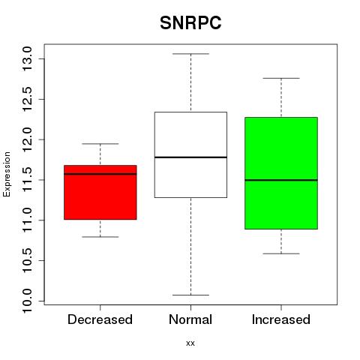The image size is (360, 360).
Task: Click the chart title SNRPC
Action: pyautogui.click(x=190, y=23)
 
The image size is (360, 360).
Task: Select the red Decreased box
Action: pyautogui.click(x=100, y=192)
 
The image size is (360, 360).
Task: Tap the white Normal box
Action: pyautogui.click(x=190, y=154)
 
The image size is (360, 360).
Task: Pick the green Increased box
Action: pyautogui.click(x=281, y=173)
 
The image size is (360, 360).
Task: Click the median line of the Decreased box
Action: pyautogui.click(x=100, y=174)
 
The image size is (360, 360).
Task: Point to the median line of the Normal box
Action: pyautogui.click(x=190, y=157)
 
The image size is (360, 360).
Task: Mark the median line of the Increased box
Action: pyautogui.click(x=281, y=180)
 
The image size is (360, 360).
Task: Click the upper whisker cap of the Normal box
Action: pyautogui.click(x=190, y=54)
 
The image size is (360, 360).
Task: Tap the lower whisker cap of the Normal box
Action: pyautogui.click(x=190, y=295)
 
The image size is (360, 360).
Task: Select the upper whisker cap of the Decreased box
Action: pyautogui.click(x=100, y=144)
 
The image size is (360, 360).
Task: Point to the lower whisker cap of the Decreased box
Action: pyautogui.click(x=100, y=237)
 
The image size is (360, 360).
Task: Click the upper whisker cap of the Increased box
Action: pyautogui.click(x=281, y=78)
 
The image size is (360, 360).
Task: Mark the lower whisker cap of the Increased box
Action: pyautogui.click(x=281, y=253)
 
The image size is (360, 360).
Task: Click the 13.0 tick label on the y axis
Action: pyautogui.click(x=27, y=58)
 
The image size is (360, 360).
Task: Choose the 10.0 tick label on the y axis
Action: pyautogui.click(x=27, y=301)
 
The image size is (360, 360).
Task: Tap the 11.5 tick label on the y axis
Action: pyautogui.click(x=27, y=180)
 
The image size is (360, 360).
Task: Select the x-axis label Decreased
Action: pyautogui.click(x=100, y=319)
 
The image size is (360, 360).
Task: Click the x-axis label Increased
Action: pyautogui.click(x=281, y=319)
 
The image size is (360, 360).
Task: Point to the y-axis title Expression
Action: pyautogui.click(x=7, y=174)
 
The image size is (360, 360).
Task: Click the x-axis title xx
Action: pyautogui.click(x=190, y=343)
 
